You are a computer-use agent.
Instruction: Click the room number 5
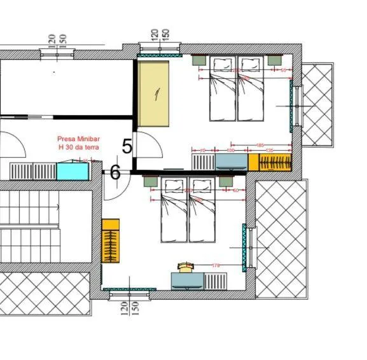click(x=127, y=146)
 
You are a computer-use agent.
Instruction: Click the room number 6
click(x=115, y=172)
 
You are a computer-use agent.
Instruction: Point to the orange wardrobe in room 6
click(x=111, y=241)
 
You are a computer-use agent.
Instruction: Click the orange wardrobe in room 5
click(x=270, y=162)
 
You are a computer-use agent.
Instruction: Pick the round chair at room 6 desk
click(x=185, y=267)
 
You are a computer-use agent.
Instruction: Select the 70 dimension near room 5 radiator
click(x=202, y=151)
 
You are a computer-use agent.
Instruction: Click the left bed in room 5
click(x=223, y=89)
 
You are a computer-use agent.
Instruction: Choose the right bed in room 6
click(x=202, y=211)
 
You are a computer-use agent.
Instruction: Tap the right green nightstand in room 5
click(x=275, y=60)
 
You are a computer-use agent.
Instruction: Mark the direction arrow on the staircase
click(x=57, y=207)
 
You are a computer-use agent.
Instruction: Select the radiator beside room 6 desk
click(x=215, y=280)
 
